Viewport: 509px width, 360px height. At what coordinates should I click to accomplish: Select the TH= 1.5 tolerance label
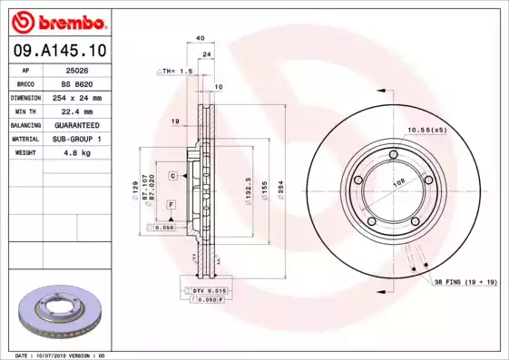pyautogui.click(x=177, y=71)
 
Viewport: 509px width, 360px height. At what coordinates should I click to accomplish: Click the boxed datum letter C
pyautogui.click(x=171, y=174)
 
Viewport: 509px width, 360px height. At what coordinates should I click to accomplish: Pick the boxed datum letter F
pyautogui.click(x=171, y=208)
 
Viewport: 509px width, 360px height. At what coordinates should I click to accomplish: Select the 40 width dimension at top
pyautogui.click(x=200, y=38)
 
